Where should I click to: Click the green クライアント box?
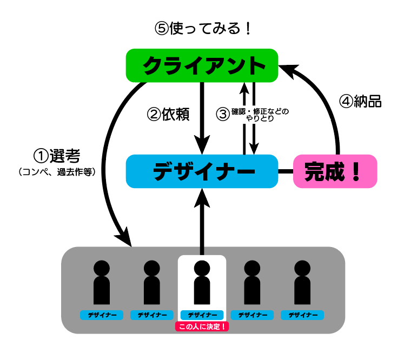coord(201,65)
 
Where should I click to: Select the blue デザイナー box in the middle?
coord(201,171)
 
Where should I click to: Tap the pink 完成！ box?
coord(335,171)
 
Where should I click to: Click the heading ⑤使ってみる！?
coord(203,28)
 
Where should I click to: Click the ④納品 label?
coord(360,101)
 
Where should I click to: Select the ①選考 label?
coord(57,156)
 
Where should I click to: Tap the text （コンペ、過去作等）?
coord(57,172)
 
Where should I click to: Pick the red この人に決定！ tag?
coord(202,326)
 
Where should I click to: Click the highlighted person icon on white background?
coord(202,282)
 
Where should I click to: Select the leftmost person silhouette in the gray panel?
coord(102,282)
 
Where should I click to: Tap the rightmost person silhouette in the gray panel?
coord(302,282)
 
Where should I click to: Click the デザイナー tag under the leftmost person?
coord(102,315)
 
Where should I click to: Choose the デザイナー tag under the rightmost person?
coord(302,315)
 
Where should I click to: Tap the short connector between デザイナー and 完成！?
coord(285,171)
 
